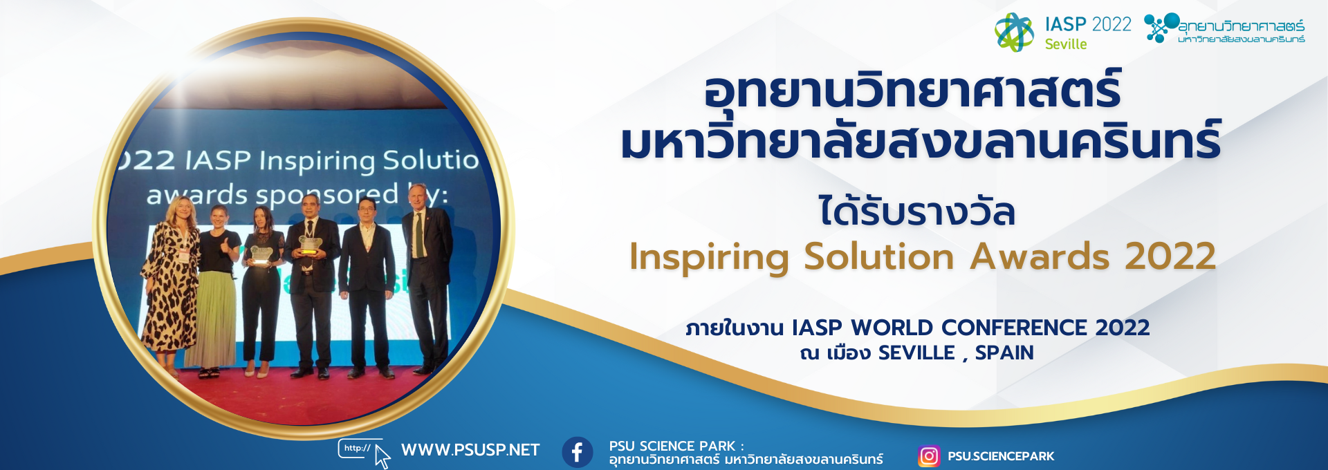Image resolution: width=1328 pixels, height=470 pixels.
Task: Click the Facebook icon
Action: click(577, 453)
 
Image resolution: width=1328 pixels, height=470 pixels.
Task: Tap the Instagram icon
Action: click(929, 456)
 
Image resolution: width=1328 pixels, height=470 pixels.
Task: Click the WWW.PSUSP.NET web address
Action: click(470, 450)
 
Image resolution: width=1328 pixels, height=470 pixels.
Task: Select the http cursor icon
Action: click(365, 453)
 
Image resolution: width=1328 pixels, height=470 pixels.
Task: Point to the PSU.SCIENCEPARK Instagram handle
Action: click(1001, 456)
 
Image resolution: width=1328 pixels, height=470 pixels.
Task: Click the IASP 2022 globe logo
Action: click(1014, 32)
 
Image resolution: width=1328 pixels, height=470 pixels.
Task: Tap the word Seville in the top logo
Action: click(1066, 44)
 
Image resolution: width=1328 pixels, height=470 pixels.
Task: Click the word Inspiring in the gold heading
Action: click(709, 258)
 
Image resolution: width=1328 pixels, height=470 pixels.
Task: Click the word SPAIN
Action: click(1004, 352)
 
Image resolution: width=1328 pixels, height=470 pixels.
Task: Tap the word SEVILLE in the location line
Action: click(916, 352)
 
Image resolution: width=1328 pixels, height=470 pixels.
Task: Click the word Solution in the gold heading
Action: click(878, 256)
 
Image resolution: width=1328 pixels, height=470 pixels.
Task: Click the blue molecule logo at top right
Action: click(1161, 28)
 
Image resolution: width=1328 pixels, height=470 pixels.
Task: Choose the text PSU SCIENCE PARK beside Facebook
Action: click(672, 446)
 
